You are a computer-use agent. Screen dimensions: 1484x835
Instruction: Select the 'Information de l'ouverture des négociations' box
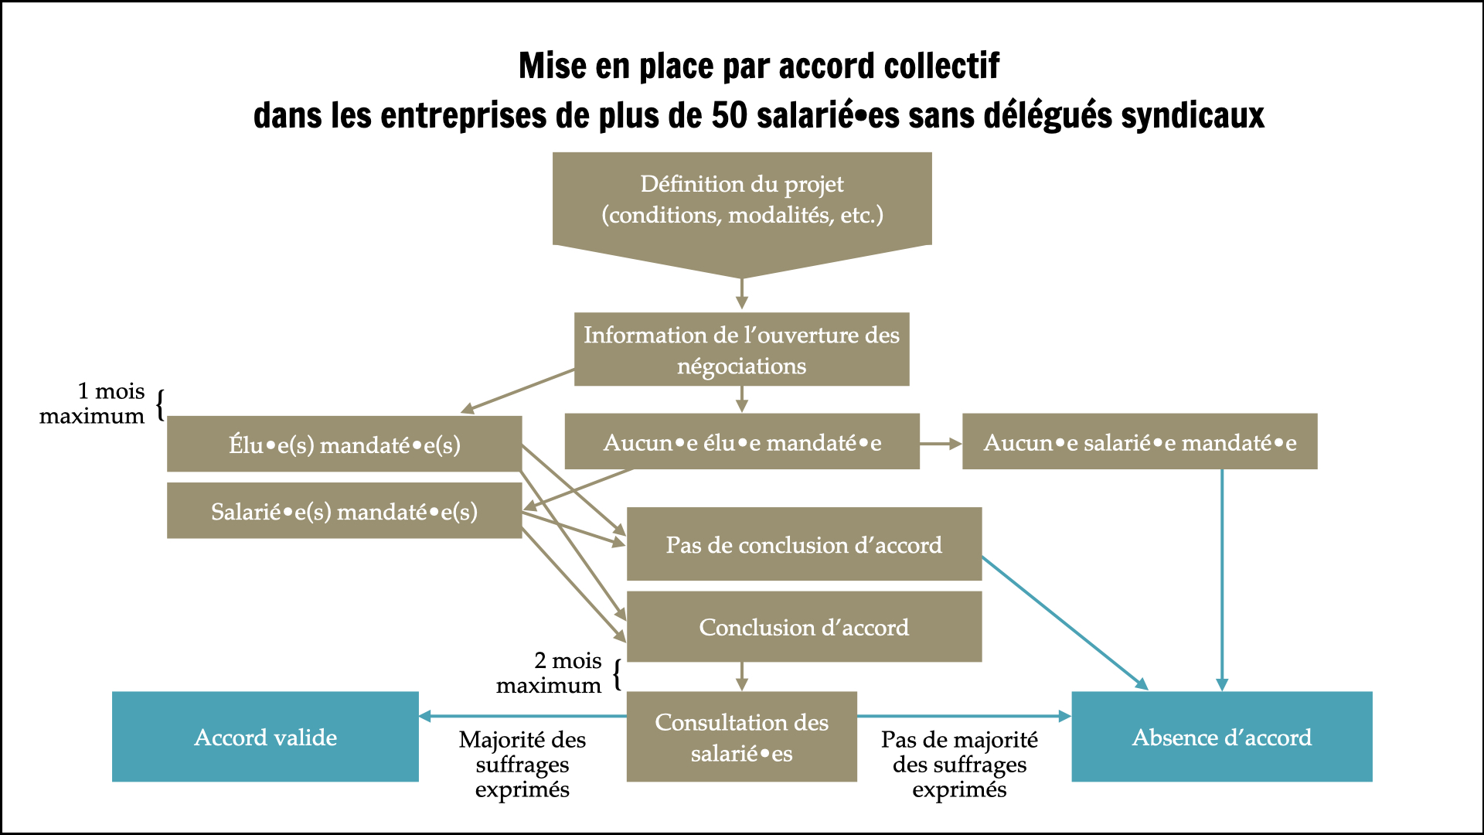(742, 349)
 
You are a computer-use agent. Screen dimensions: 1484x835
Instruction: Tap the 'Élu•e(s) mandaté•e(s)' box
(345, 444)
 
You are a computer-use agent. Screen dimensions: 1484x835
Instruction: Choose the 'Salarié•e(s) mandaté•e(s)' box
(345, 510)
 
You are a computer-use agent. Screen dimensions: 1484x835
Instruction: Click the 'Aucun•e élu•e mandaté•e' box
(742, 441)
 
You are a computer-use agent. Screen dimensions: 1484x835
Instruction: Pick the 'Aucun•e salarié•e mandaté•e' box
(1140, 441)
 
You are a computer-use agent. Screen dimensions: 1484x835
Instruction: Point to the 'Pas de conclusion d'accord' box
(804, 544)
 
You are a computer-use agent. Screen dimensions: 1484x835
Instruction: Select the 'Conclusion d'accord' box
(804, 627)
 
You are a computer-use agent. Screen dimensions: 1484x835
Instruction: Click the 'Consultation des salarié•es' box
(742, 737)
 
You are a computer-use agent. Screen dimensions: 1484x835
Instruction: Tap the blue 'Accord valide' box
(265, 737)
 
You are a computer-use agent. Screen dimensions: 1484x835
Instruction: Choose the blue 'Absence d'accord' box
(1222, 737)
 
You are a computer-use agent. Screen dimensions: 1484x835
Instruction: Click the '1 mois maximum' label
(92, 404)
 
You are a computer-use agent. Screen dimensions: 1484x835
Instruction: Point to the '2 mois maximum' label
(549, 673)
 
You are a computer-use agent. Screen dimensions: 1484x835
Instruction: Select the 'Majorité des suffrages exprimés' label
(522, 765)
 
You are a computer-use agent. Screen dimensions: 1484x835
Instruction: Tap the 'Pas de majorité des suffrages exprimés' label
(959, 765)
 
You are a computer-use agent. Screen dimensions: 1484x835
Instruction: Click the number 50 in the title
(730, 116)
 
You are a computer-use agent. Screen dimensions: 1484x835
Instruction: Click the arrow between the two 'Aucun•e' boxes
(941, 444)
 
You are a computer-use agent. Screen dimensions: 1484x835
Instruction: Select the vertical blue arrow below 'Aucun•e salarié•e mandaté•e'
(1222, 580)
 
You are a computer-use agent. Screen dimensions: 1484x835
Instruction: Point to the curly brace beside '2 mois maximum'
(617, 674)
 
